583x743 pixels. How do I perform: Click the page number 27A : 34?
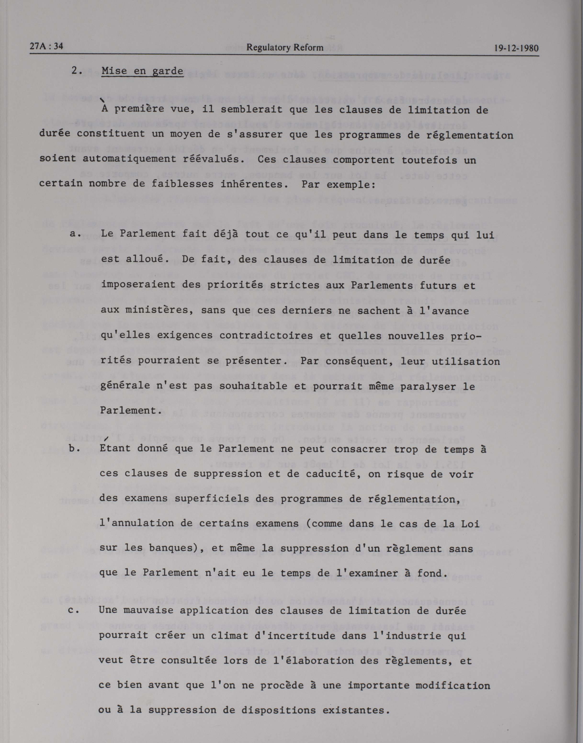(x=46, y=47)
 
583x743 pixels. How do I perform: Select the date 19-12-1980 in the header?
(x=516, y=48)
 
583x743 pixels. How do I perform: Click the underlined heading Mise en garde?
(x=142, y=71)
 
